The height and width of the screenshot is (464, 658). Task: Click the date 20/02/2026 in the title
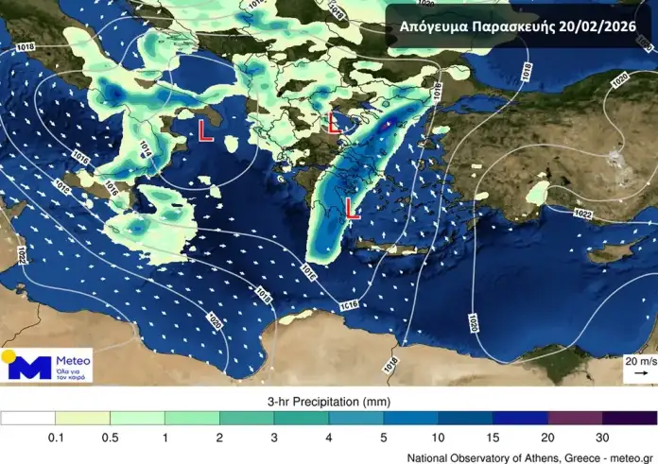(598, 26)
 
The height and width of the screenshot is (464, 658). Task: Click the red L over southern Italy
(204, 131)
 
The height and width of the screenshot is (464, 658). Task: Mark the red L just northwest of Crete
(351, 209)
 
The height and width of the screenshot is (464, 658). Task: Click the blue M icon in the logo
(35, 368)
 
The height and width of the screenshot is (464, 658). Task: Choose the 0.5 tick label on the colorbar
(110, 437)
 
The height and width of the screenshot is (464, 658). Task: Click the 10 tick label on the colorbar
(438, 437)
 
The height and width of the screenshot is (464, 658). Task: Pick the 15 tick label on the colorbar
(493, 437)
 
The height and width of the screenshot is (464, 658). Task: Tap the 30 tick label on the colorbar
(602, 437)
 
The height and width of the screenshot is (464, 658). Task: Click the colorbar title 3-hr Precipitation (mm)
(328, 400)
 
